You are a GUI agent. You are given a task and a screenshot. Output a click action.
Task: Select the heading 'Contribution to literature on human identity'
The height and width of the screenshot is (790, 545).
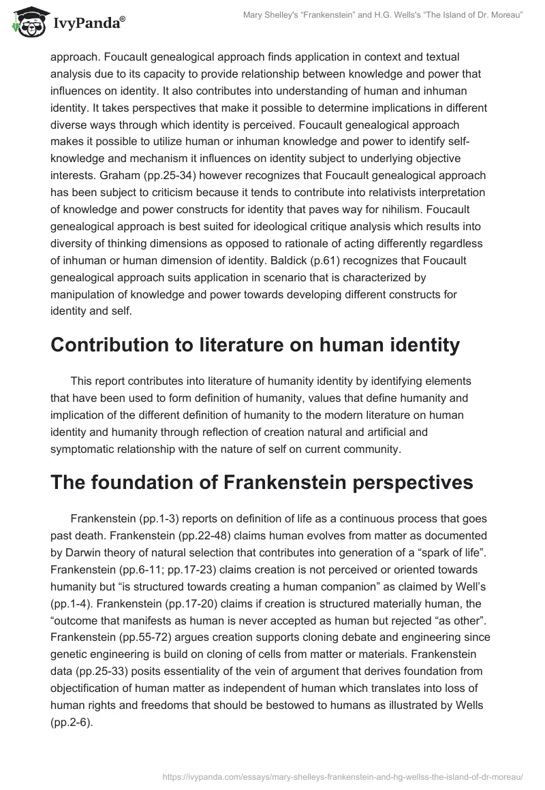[255, 345]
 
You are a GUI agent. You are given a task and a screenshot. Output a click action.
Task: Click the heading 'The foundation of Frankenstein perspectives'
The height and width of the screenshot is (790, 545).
[262, 483]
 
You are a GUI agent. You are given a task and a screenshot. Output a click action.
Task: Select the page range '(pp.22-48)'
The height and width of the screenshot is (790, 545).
[146, 533]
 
